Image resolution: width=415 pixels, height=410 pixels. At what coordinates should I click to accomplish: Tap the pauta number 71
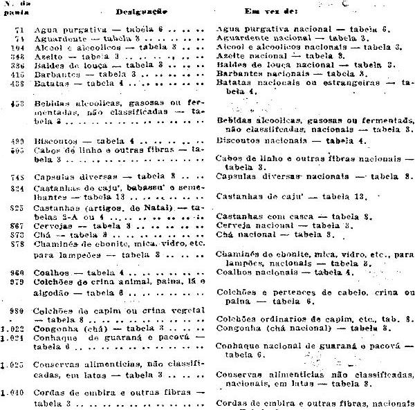coord(19,31)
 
